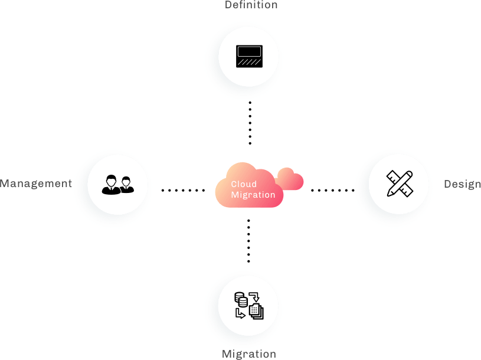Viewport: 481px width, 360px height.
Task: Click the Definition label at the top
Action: coord(251,5)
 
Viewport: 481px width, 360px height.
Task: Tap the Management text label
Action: coord(36,184)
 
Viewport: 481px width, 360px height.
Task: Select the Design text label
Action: coord(462,184)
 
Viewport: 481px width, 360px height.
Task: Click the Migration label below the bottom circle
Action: coord(249,354)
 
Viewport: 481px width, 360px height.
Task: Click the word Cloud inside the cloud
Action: coord(244,184)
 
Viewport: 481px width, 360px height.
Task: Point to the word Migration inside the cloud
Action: coord(253,195)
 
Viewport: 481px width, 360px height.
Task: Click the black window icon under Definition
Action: coord(249,56)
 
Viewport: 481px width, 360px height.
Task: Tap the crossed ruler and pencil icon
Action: coord(400,184)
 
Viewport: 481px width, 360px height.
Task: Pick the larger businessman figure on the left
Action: coord(111,185)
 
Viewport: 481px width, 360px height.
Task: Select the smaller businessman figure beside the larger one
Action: coord(126,185)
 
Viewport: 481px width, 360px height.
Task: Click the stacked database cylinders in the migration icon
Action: coord(241,299)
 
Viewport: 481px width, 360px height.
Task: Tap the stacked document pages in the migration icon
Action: coord(256,311)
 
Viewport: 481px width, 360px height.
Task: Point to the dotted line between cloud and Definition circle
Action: coord(250,123)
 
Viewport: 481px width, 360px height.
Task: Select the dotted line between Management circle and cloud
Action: coord(183,191)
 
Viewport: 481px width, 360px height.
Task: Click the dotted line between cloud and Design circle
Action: coord(333,191)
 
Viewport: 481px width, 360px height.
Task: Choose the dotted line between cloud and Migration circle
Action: coord(248,241)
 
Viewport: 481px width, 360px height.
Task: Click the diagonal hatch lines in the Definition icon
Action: coord(249,62)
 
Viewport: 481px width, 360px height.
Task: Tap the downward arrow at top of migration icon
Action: coord(254,297)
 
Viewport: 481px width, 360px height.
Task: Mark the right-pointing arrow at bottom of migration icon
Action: coord(240,313)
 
